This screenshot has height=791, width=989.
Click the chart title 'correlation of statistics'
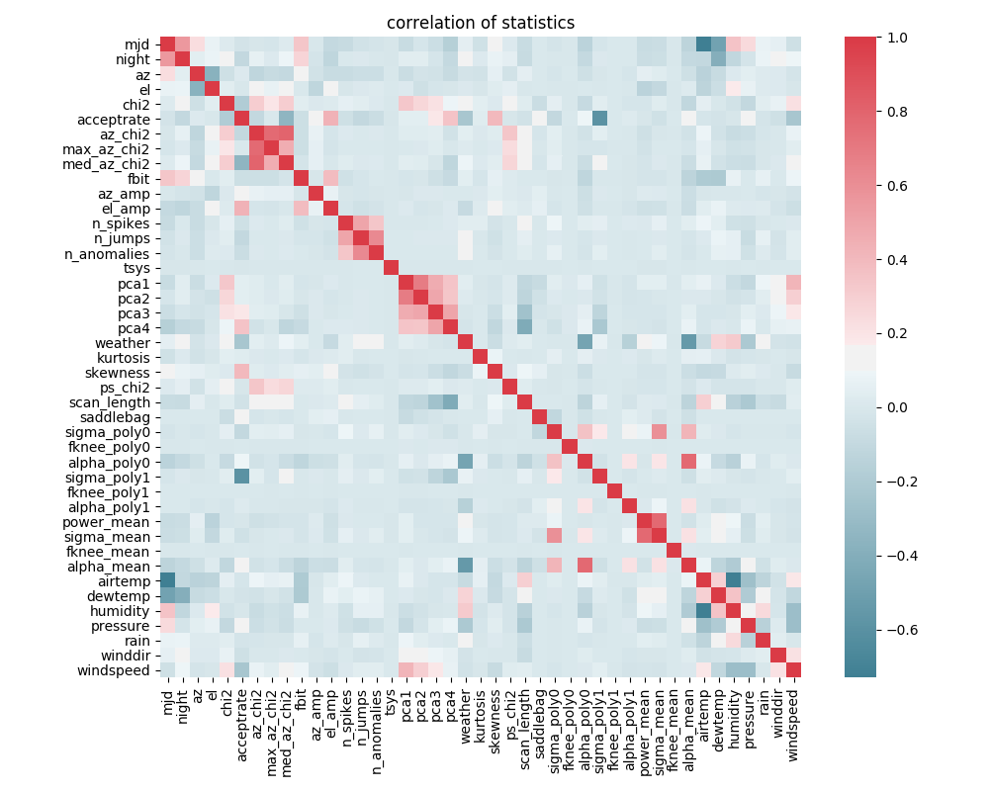pyautogui.click(x=481, y=23)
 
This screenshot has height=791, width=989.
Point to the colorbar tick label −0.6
pyautogui.click(x=864, y=629)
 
